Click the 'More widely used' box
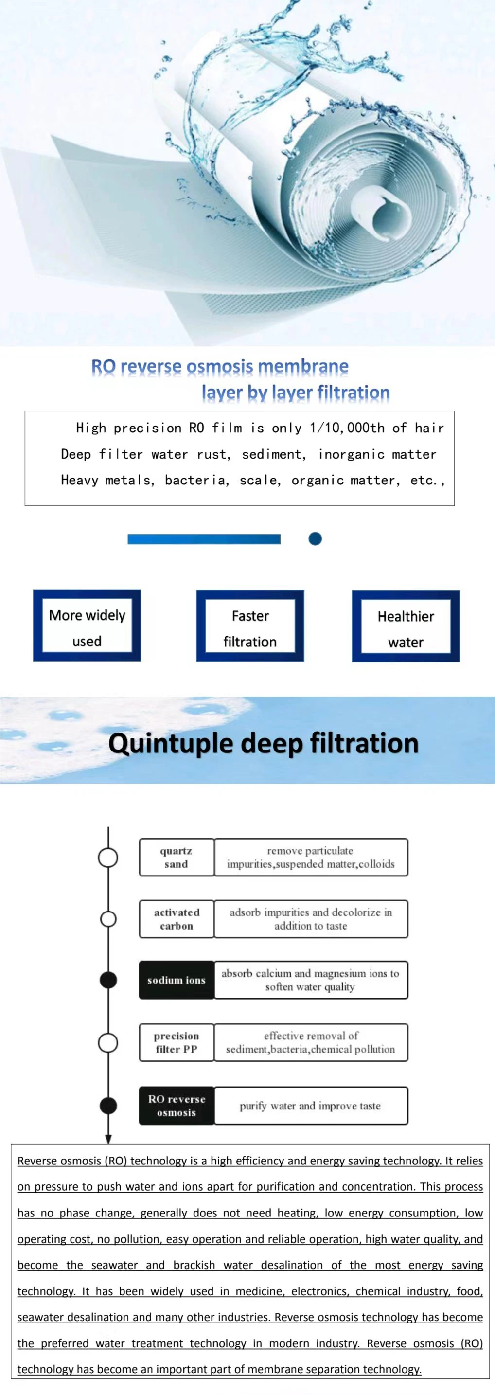(87, 626)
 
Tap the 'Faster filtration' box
(249, 626)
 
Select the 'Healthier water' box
(406, 626)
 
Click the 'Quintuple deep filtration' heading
(263, 743)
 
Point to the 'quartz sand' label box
(177, 857)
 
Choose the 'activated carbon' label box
(177, 919)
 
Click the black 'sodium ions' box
(177, 980)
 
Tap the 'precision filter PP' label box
(177, 1042)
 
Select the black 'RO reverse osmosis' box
(177, 1106)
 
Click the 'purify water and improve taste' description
(310, 1106)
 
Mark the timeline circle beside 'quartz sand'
(108, 858)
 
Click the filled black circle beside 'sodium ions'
(109, 980)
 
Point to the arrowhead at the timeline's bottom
(108, 1139)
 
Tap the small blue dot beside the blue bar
(315, 539)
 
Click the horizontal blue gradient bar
(204, 539)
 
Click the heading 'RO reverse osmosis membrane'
(220, 367)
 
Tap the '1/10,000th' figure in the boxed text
(347, 428)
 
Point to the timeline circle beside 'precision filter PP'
(108, 1042)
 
